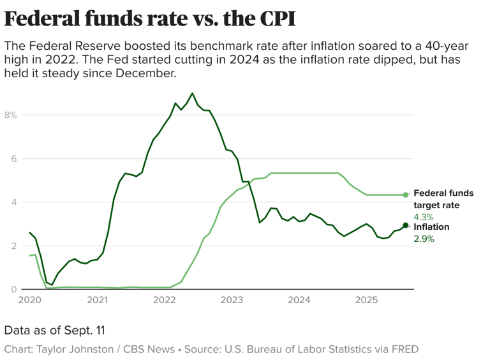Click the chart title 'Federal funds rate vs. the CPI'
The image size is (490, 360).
pos(150,19)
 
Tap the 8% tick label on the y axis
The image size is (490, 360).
pos(10,115)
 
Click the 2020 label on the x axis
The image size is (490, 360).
pos(29,300)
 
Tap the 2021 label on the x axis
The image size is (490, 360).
pos(97,300)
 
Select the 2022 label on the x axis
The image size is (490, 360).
pos(164,300)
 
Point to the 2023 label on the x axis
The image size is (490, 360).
pos(232,300)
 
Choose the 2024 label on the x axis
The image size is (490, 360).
pos(299,300)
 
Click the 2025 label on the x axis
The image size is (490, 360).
pos(366,300)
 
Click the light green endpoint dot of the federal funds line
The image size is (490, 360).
pos(406,195)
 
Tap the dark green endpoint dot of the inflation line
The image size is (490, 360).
pos(406,225)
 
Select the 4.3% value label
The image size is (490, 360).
pos(424,217)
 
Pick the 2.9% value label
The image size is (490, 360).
pos(424,239)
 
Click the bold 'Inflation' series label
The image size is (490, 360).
pos(431,227)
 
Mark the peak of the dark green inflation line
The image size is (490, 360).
pos(193,93)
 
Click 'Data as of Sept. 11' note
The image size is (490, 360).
pos(54,331)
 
